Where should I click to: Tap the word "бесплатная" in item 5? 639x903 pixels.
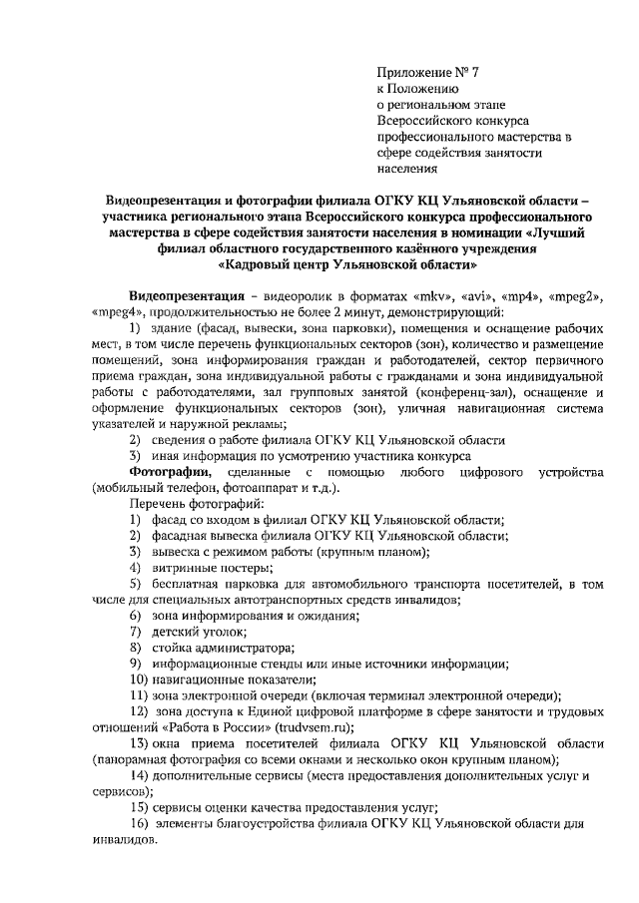(x=191, y=583)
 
